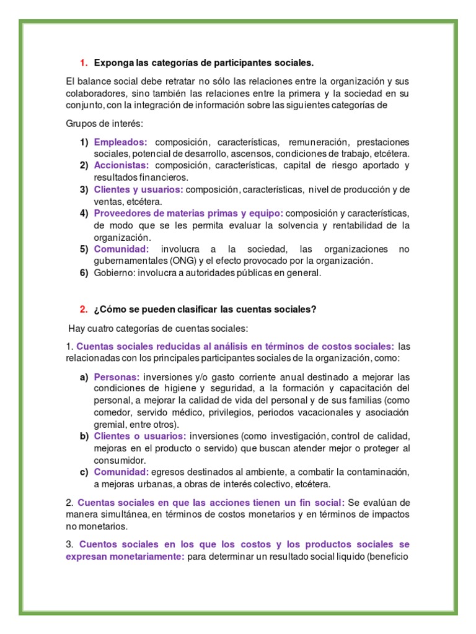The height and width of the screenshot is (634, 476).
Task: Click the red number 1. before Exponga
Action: (x=84, y=63)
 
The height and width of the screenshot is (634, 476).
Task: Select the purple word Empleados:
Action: (x=121, y=142)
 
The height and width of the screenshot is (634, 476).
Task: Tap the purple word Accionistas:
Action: (x=121, y=165)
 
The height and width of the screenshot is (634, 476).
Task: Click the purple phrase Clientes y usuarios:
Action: (x=139, y=189)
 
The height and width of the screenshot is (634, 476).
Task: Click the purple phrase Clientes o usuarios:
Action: (x=140, y=436)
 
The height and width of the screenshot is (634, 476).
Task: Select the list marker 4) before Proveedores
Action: (x=84, y=214)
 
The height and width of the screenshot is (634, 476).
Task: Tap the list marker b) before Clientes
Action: (x=84, y=436)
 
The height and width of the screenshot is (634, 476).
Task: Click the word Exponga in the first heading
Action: (x=113, y=63)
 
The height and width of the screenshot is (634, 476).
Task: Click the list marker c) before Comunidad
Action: (x=84, y=472)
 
